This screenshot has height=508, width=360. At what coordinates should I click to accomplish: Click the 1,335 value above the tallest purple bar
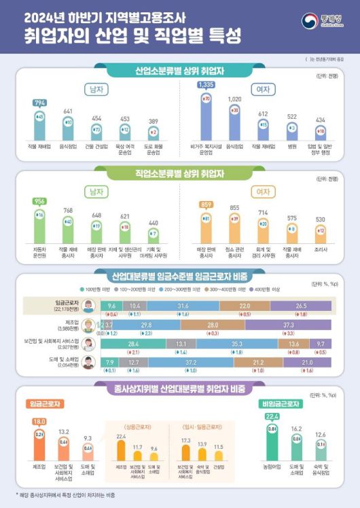coord(205,85)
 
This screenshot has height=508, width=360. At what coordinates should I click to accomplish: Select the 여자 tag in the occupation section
coord(263,192)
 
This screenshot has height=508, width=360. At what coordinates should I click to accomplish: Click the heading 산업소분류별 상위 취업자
coord(180,71)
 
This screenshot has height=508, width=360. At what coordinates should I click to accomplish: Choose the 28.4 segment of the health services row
coord(133,344)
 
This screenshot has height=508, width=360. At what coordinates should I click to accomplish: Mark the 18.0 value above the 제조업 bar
coord(39,421)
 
